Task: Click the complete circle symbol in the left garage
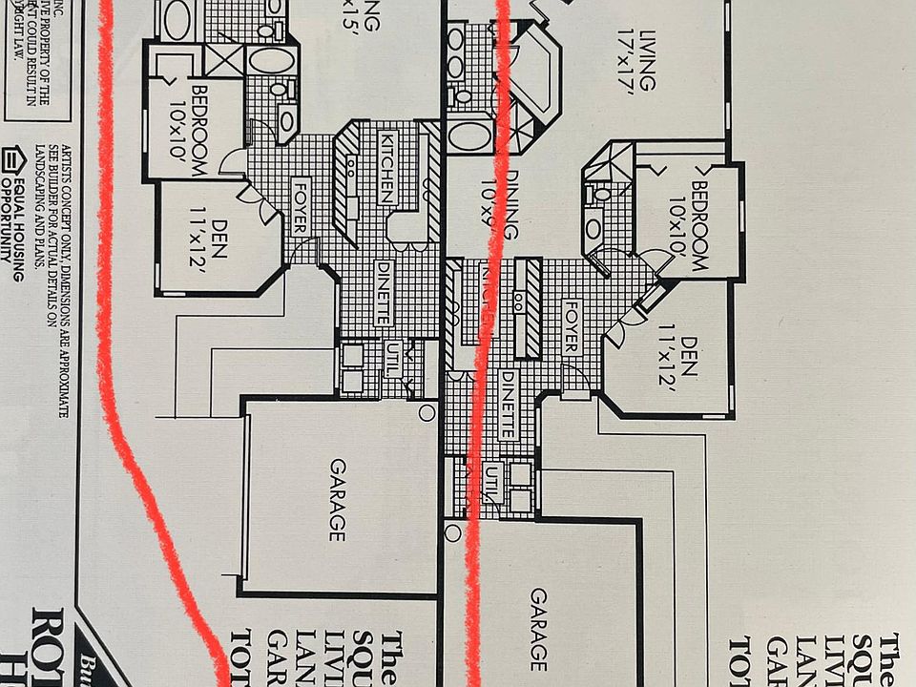[427, 412]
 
